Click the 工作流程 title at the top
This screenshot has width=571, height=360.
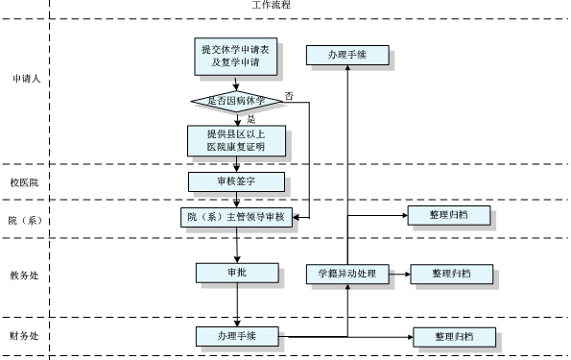pyautogui.click(x=272, y=5)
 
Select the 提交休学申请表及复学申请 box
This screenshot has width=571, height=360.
pyautogui.click(x=236, y=58)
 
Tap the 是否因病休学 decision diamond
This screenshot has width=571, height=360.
pyautogui.click(x=236, y=100)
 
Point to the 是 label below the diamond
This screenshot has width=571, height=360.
pyautogui.click(x=250, y=119)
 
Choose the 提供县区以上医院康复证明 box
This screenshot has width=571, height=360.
pyautogui.click(x=236, y=140)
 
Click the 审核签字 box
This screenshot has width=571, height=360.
pyautogui.click(x=236, y=180)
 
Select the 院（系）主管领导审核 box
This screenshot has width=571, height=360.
pyautogui.click(x=236, y=217)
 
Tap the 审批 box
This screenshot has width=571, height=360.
pyautogui.click(x=236, y=273)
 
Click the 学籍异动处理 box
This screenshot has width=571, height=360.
pyautogui.click(x=347, y=274)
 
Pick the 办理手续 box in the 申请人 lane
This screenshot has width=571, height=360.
pyautogui.click(x=347, y=56)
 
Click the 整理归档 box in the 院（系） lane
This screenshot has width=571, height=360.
pyautogui.click(x=449, y=216)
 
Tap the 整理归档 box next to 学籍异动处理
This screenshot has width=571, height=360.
pyautogui.click(x=452, y=275)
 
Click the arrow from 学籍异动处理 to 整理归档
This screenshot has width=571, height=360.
pyautogui.click(x=399, y=275)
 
